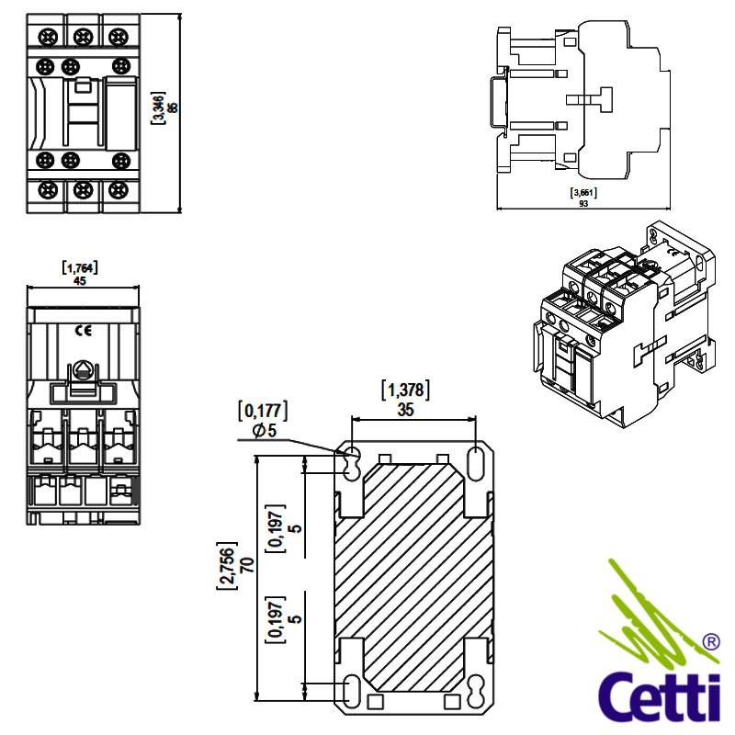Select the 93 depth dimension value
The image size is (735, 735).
583,204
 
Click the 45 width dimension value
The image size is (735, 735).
80,281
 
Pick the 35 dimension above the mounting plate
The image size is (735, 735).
405,410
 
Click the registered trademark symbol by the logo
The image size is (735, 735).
710,640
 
